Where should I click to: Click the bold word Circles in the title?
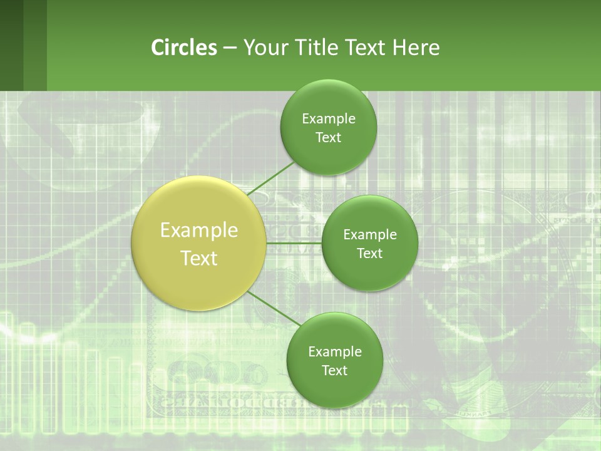click(x=184, y=48)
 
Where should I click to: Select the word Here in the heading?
click(x=416, y=48)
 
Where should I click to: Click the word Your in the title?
click(x=265, y=48)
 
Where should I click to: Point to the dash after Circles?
click(x=230, y=48)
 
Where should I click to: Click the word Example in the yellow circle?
click(x=199, y=231)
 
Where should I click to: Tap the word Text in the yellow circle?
click(x=199, y=258)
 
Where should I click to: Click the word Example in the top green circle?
click(x=329, y=119)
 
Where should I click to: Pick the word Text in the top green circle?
click(x=329, y=138)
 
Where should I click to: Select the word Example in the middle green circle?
click(x=370, y=235)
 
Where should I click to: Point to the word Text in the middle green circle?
click(x=370, y=254)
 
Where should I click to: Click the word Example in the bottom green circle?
click(x=335, y=352)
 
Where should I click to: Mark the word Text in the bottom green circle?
click(x=335, y=371)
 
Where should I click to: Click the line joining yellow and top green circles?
click(x=270, y=178)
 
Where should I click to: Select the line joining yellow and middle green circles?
click(x=294, y=243)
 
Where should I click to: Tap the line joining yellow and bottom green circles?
click(x=273, y=308)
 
